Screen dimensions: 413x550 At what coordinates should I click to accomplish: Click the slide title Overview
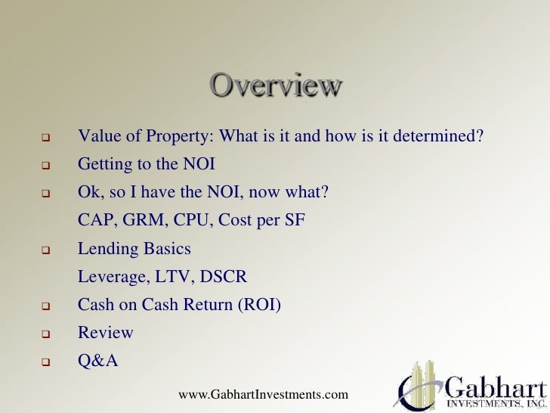click(275, 85)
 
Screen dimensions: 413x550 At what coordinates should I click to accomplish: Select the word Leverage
click(110, 277)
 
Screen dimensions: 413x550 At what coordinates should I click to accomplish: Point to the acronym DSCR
click(224, 277)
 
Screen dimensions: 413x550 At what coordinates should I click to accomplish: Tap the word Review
click(106, 333)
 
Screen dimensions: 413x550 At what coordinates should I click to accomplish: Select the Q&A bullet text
click(98, 361)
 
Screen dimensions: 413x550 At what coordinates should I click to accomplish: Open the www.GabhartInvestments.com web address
click(264, 395)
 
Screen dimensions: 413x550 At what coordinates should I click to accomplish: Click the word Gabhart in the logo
click(495, 385)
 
